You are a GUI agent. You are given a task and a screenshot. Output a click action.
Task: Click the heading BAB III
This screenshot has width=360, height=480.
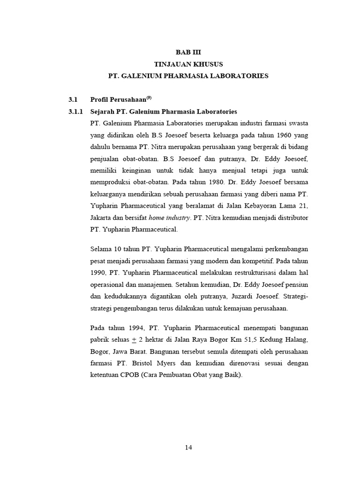[188, 52]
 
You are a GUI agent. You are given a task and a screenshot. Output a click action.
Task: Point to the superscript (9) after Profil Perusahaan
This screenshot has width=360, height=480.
[149, 98]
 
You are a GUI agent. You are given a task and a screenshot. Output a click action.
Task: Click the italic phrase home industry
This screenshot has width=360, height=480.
[170, 218]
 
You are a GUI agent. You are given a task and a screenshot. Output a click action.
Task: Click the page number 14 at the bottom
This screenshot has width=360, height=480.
[188, 447]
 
